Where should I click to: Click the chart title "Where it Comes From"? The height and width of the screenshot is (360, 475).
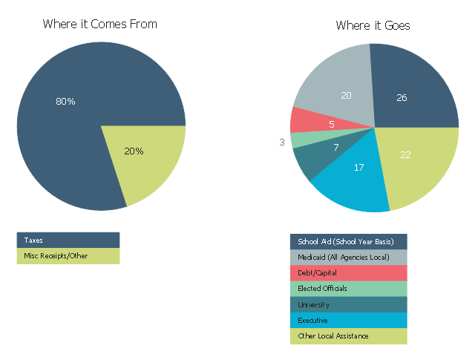click(x=99, y=24)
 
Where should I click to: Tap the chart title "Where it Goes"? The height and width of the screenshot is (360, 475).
click(x=373, y=25)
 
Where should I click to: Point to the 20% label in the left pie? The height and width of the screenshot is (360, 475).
click(x=134, y=151)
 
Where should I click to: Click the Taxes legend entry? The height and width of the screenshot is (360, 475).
click(x=68, y=240)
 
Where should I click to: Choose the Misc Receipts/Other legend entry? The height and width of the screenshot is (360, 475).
click(x=68, y=256)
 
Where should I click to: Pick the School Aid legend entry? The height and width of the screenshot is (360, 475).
click(x=348, y=242)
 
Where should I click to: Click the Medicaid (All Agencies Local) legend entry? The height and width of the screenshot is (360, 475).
click(x=348, y=258)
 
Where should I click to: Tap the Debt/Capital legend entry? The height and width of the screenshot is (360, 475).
click(x=348, y=273)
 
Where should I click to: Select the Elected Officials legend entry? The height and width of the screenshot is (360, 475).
click(x=348, y=289)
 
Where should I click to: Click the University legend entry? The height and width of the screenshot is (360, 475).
click(x=348, y=305)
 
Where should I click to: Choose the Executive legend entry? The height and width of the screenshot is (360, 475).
click(x=348, y=321)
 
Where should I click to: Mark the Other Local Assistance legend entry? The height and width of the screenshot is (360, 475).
click(x=348, y=336)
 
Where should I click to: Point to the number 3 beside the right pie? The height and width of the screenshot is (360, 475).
click(x=282, y=142)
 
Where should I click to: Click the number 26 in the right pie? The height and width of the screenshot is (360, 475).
click(x=402, y=97)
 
